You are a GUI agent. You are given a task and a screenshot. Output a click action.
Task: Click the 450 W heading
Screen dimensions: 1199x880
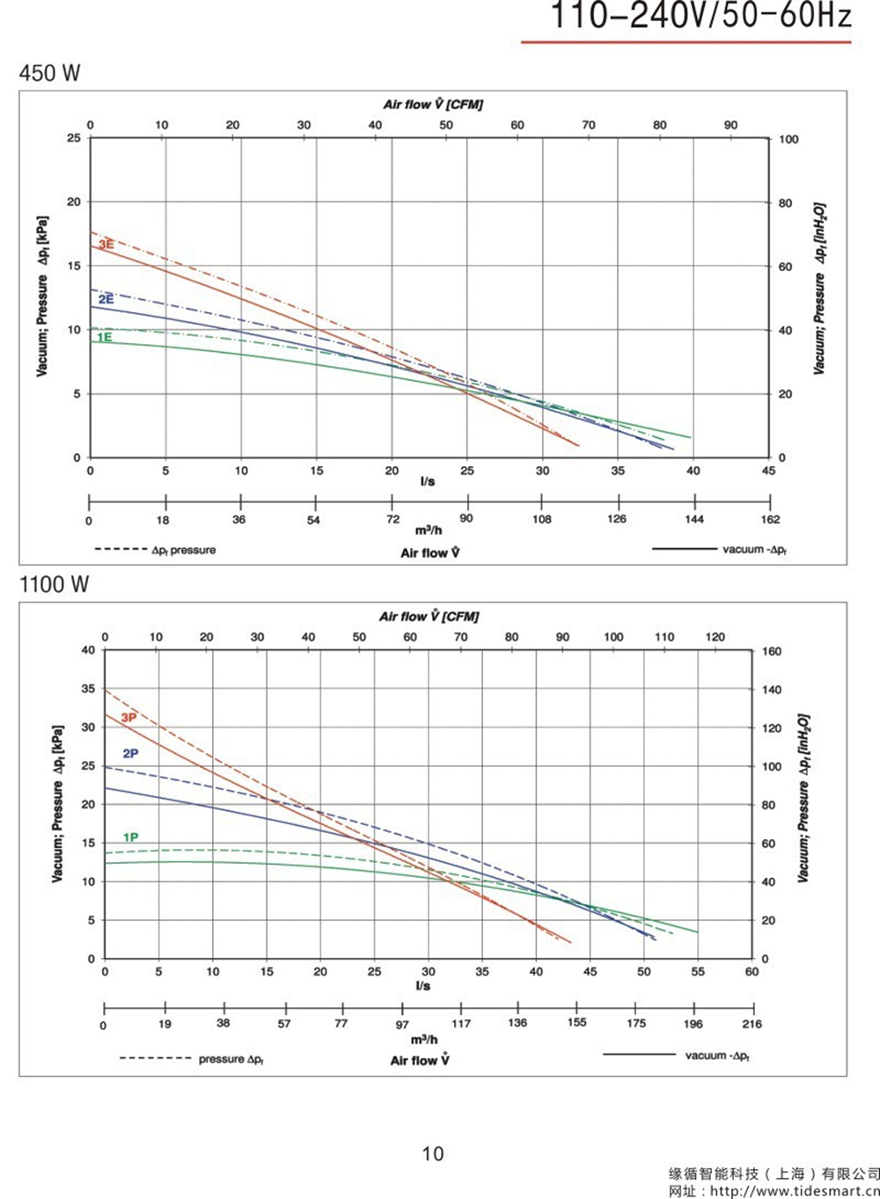click(49, 73)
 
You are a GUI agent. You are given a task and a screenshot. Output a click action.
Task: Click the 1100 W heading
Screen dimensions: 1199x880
click(54, 585)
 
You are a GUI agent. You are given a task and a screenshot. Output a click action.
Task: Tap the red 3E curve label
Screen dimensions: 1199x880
click(106, 245)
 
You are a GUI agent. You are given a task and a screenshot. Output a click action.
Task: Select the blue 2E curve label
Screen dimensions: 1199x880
click(106, 300)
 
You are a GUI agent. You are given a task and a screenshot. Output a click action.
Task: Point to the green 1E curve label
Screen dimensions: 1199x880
click(104, 338)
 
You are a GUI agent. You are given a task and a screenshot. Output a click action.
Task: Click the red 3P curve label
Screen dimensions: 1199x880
click(128, 718)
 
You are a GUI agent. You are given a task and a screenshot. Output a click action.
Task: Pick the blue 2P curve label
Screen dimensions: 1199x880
click(130, 754)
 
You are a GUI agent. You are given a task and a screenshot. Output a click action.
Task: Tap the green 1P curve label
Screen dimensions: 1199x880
click(130, 837)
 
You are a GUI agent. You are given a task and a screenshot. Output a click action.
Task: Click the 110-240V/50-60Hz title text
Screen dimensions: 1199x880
click(700, 16)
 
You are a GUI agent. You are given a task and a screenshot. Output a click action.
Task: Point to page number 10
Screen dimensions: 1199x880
click(433, 1153)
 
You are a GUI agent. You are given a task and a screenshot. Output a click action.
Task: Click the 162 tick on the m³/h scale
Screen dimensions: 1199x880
click(770, 520)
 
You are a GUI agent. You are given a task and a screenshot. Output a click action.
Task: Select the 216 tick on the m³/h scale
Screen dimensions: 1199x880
click(752, 1024)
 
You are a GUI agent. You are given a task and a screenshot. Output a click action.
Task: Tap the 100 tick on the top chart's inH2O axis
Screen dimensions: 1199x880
click(788, 140)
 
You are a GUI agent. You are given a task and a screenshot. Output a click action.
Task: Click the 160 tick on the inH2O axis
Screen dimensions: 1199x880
click(771, 652)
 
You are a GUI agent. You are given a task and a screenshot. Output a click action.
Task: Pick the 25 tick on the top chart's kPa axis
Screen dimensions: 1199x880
click(73, 138)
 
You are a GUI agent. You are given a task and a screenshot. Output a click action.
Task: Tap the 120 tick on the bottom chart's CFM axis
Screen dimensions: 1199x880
click(715, 637)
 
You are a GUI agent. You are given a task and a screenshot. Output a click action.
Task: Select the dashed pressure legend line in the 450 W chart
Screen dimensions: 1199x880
click(121, 550)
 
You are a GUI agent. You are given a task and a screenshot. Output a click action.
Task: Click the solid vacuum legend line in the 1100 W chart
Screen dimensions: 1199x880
click(639, 1054)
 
